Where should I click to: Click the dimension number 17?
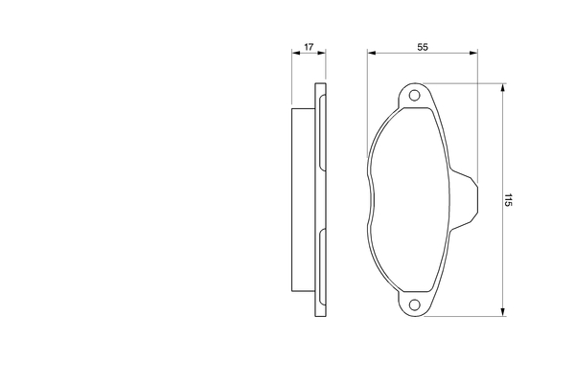tap(309, 47)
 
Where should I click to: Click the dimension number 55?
tap(423, 47)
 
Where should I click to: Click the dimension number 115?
tap(508, 200)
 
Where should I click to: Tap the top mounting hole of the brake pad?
tap(414, 96)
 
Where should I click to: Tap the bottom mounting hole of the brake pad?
tap(414, 304)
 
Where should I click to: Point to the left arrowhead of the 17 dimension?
tap(296, 54)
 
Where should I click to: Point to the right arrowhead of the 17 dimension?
tap(322, 54)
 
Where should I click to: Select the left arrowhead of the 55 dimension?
tap(372, 54)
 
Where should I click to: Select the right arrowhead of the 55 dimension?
tap(473, 54)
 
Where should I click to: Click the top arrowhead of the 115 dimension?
tap(503, 88)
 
